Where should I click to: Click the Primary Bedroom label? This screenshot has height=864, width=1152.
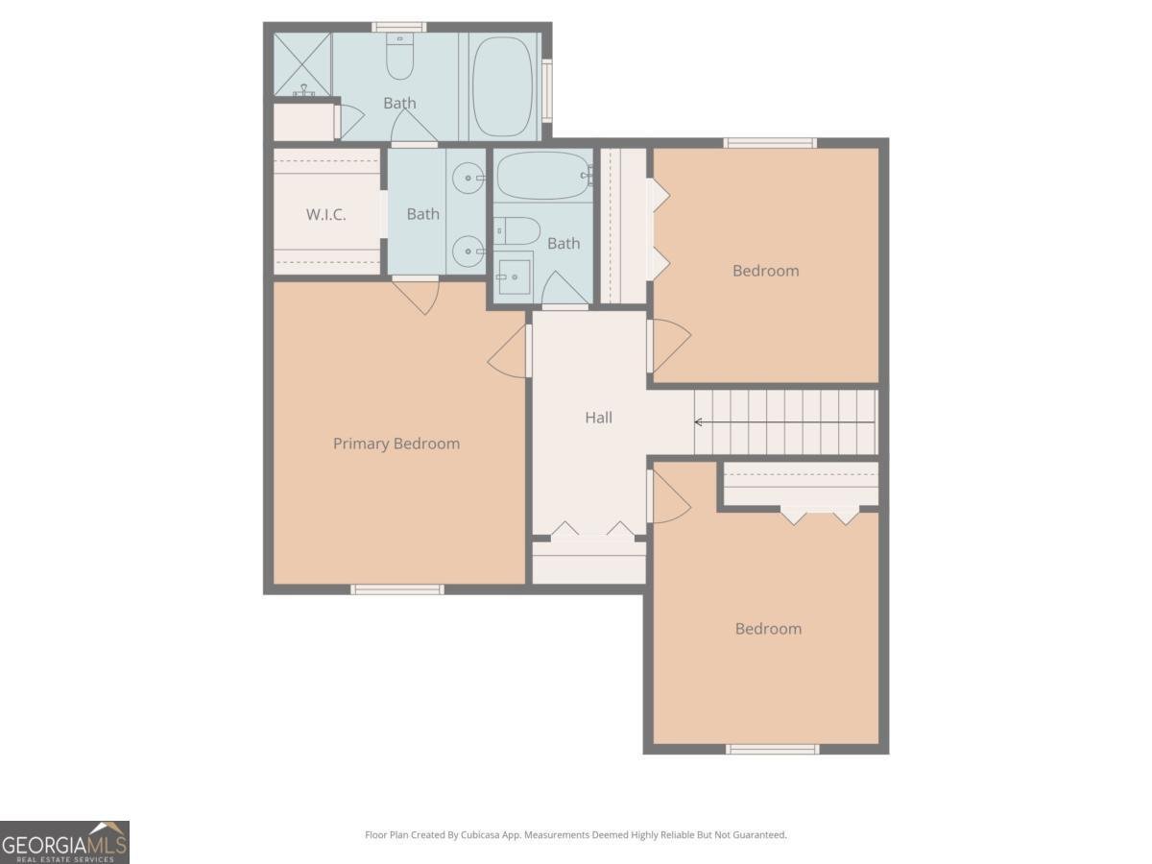(396, 444)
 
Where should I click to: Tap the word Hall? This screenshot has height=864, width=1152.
(598, 418)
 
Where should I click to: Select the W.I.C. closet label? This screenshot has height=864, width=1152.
(325, 215)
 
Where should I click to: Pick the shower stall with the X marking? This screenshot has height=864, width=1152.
(302, 64)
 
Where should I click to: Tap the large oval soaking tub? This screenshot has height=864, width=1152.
(502, 86)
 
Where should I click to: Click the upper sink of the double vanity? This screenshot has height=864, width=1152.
(468, 177)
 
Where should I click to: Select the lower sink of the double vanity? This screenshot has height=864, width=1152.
(468, 252)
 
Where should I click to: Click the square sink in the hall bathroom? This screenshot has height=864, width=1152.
(514, 276)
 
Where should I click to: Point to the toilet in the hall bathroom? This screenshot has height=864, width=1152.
(516, 230)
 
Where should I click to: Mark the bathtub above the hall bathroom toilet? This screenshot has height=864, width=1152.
(542, 175)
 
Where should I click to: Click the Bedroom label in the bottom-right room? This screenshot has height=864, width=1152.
(768, 629)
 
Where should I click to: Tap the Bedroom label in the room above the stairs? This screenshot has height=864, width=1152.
(765, 271)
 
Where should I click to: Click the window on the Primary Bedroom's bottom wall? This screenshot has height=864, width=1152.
(397, 588)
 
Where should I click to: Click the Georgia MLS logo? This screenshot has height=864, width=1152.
(64, 842)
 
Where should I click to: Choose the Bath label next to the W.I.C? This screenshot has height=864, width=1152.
(422, 214)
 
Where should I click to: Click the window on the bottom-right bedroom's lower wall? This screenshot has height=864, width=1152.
(772, 749)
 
